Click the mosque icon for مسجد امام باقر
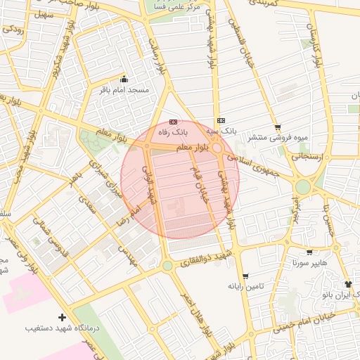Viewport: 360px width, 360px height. pyautogui.click(x=125, y=79)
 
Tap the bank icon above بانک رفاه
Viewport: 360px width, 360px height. pyautogui.click(x=174, y=121)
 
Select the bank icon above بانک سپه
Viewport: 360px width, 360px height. pyautogui.click(x=221, y=120)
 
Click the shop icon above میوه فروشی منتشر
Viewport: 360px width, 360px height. pyautogui.click(x=278, y=127)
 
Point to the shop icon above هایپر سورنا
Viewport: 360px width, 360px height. pyautogui.click(x=310, y=252)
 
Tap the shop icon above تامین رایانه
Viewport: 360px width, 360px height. pyautogui.click(x=245, y=276)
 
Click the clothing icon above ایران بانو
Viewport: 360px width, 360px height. pyautogui.click(x=347, y=283)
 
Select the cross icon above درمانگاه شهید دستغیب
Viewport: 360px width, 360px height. pyautogui.click(x=63, y=318)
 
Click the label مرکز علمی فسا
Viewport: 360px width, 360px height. pyautogui.click(x=176, y=6)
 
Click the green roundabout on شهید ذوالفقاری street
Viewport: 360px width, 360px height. pyautogui.click(x=167, y=266)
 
